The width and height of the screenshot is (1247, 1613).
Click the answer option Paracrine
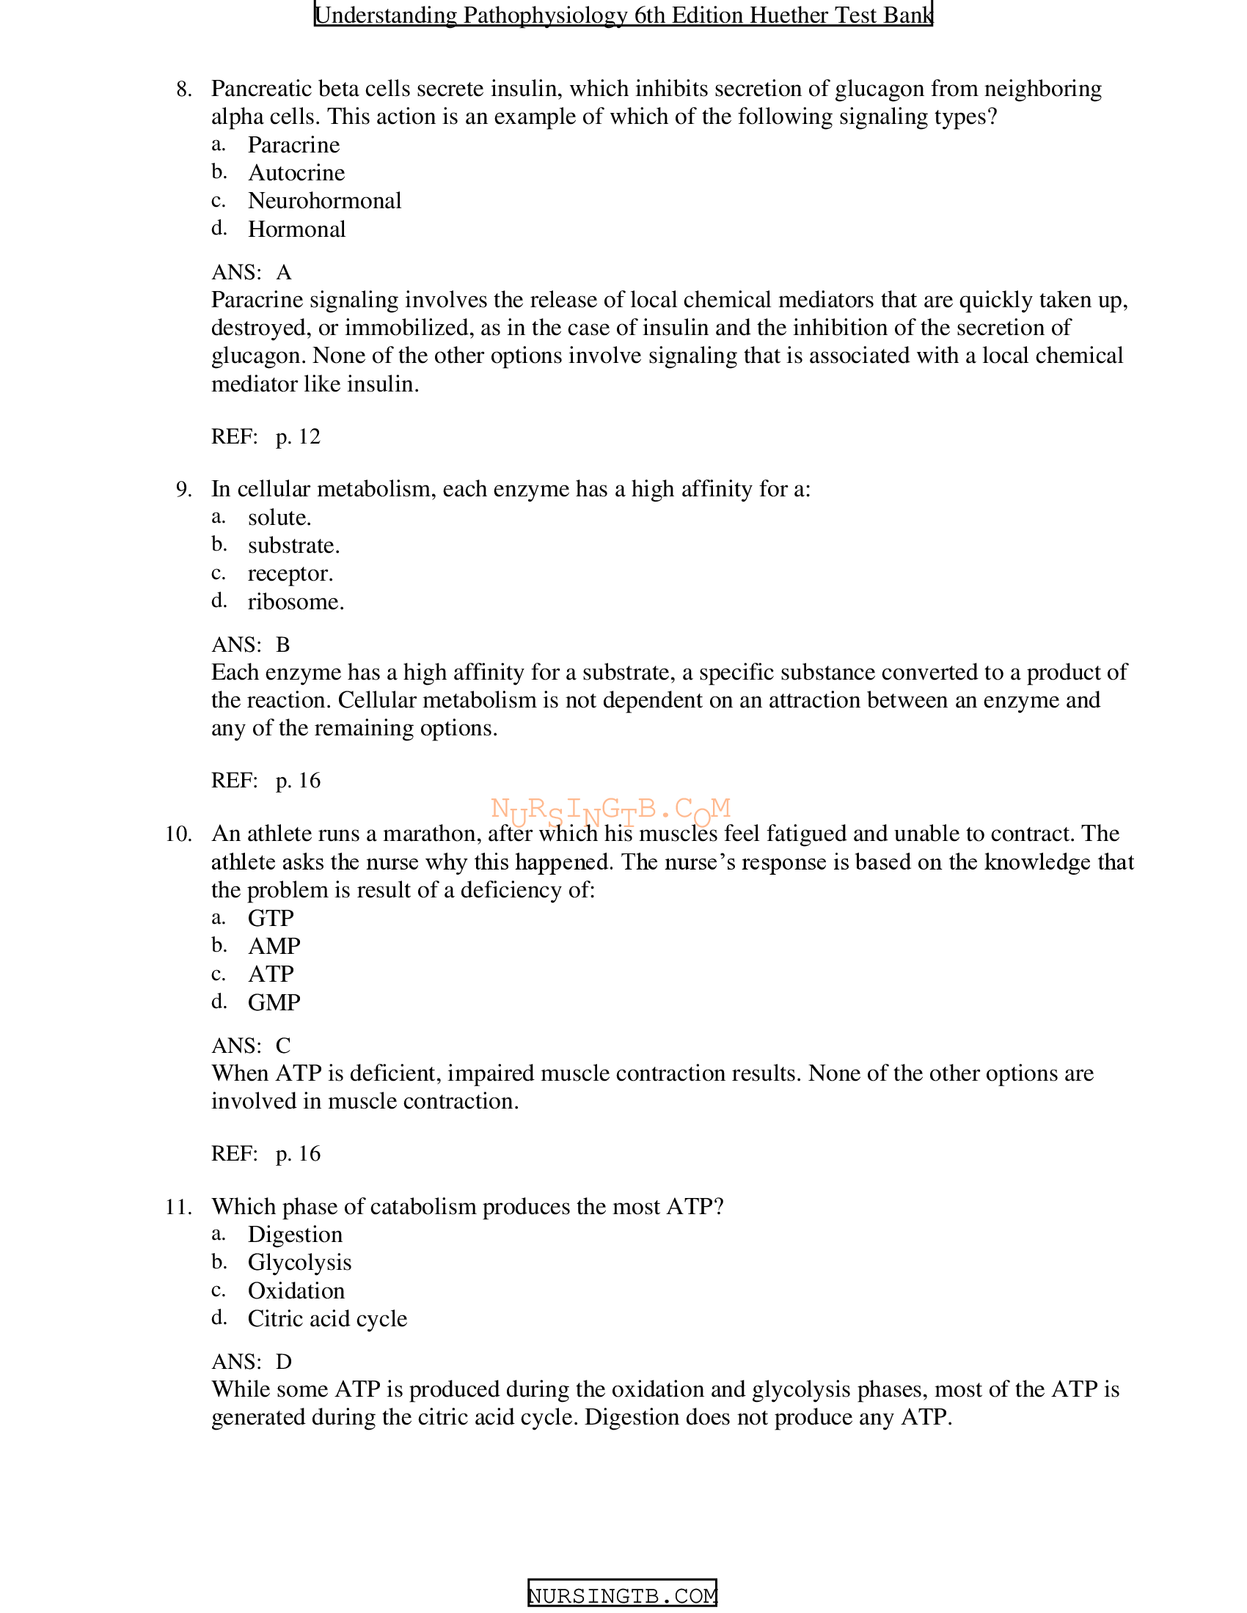293,144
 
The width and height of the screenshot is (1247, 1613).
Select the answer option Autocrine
296,173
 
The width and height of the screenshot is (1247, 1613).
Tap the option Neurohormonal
324,201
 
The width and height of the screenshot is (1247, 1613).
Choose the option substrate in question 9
293,545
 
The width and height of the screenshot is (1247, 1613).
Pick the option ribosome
296,602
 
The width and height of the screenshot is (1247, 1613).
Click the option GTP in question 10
271,918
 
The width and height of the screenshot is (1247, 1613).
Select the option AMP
274,946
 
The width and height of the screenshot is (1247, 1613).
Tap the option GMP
274,1002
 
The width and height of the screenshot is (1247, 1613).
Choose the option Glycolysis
299,1263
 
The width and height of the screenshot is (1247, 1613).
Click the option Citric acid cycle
327,1319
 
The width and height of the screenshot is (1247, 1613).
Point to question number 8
184,89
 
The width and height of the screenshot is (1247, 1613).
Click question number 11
178,1208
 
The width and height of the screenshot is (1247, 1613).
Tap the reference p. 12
298,436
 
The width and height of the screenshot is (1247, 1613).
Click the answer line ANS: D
251,1362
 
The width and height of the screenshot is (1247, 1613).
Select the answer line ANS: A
251,273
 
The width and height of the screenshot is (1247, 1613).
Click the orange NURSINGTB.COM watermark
610,811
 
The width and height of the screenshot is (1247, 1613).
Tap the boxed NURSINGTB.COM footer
622,1596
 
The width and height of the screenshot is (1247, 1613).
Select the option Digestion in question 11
295,1235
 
